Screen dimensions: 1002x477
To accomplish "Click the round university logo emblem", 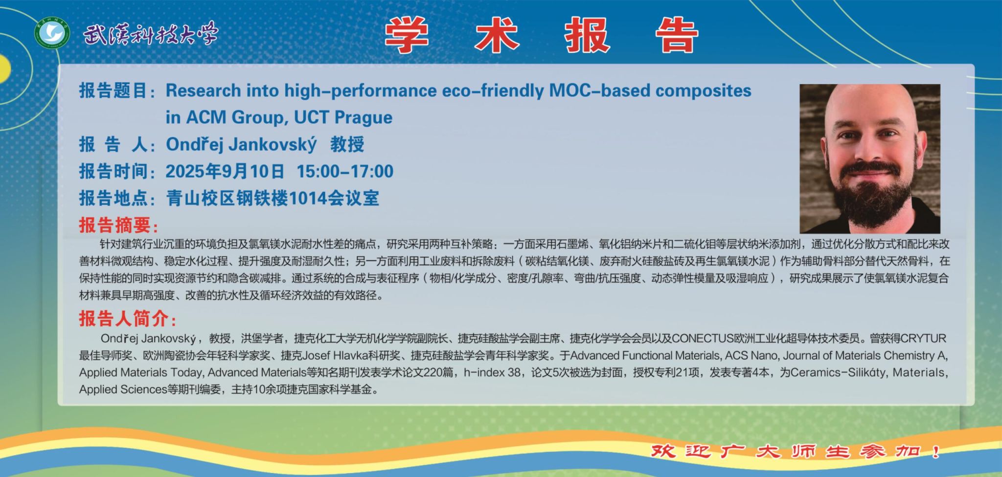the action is [52, 34].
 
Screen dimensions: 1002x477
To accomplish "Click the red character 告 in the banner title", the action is [677, 35].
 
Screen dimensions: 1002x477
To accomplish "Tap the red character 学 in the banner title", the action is [407, 35].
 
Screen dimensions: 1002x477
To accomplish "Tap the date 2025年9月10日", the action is [225, 171].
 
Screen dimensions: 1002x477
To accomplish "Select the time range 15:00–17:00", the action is [345, 171].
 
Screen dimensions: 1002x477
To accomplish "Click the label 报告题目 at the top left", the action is [114, 91].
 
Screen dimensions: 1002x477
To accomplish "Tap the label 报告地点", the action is [114, 198].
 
